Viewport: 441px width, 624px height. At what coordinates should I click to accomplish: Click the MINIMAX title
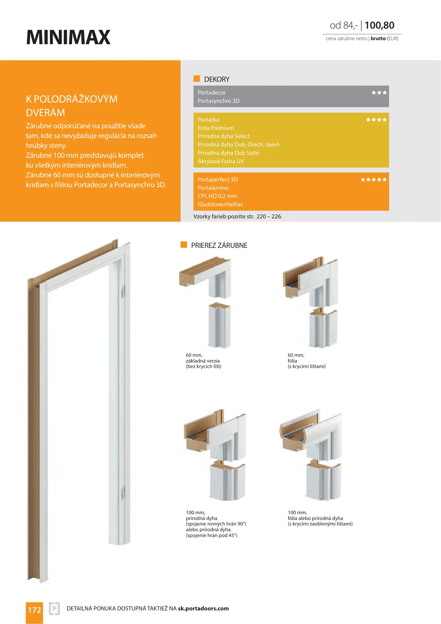68,37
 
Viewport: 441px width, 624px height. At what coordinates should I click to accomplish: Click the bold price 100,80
379,25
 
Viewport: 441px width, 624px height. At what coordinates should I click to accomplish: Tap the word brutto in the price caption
378,38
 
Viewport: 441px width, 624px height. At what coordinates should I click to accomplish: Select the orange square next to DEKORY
197,79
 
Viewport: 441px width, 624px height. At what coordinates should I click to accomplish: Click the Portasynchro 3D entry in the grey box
219,101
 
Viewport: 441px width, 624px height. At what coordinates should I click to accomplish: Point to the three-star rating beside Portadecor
379,93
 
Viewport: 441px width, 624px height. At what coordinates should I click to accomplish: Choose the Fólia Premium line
216,128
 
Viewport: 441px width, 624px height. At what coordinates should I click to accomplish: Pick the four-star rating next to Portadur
376,120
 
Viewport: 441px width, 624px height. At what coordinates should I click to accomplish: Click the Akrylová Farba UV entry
221,161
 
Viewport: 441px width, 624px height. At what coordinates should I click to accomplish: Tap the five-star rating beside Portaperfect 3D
373,180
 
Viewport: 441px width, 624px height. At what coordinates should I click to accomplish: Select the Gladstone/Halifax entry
220,204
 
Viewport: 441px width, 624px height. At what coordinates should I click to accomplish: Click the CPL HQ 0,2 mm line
217,196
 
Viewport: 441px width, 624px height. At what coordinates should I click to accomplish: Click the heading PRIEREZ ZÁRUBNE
219,245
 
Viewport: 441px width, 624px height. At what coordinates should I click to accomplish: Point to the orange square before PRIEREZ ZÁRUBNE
184,245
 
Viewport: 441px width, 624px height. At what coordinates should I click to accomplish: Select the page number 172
34,610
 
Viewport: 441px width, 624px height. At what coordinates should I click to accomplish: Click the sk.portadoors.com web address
203,608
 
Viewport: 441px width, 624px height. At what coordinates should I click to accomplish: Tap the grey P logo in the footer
54,609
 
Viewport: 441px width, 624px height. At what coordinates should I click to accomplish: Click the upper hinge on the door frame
123,292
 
